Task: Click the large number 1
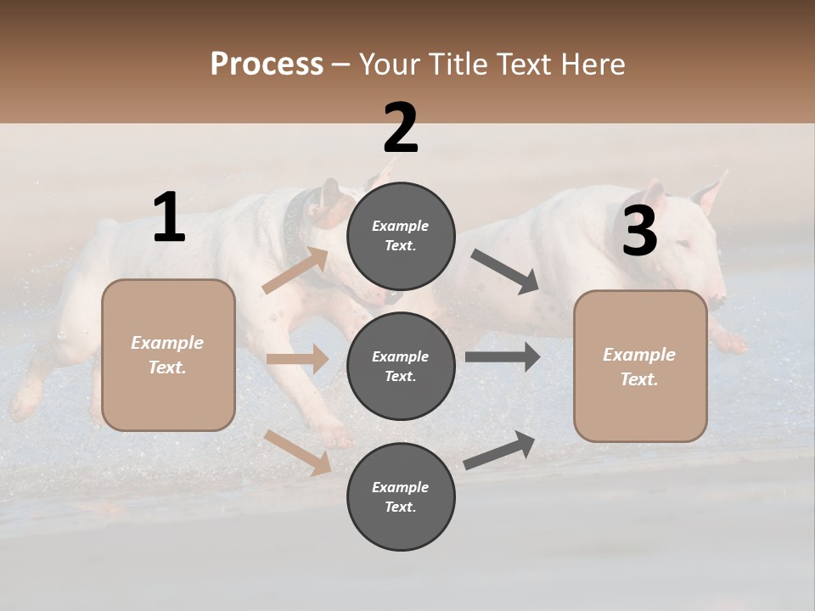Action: click(169, 218)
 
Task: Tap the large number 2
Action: click(401, 128)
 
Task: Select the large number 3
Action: click(639, 231)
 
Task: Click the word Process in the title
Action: click(267, 64)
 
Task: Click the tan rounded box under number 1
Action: click(168, 355)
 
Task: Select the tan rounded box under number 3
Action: click(640, 366)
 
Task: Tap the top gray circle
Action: click(401, 235)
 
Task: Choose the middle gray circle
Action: click(401, 366)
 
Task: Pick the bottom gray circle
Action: click(401, 496)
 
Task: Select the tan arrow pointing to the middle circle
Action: click(297, 359)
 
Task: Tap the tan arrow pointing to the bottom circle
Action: click(298, 452)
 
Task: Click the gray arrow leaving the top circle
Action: click(504, 272)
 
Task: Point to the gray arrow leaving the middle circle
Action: click(503, 357)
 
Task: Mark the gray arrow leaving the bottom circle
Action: click(499, 451)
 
